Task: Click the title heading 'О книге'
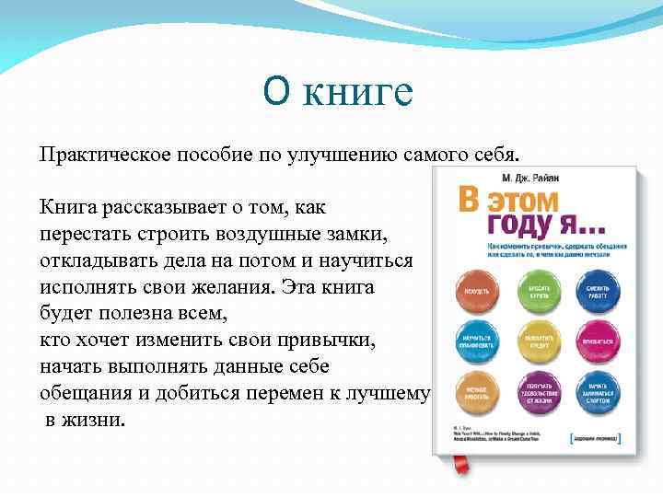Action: [x=338, y=92]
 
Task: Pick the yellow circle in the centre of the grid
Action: [x=540, y=340]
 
